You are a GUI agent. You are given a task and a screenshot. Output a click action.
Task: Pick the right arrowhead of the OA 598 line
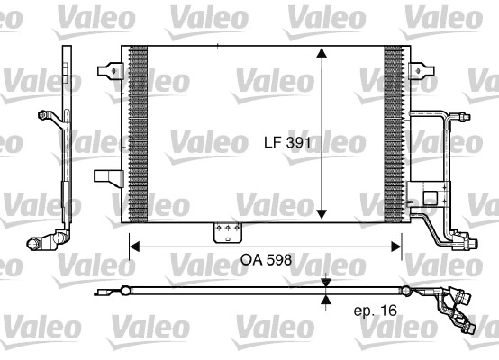pos(399,244)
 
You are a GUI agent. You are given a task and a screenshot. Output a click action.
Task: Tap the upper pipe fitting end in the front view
pos(462,116)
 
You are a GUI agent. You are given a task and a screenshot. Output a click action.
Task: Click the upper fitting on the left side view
pos(48,115)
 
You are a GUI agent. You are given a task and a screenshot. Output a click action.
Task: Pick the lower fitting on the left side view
pos(42,241)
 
